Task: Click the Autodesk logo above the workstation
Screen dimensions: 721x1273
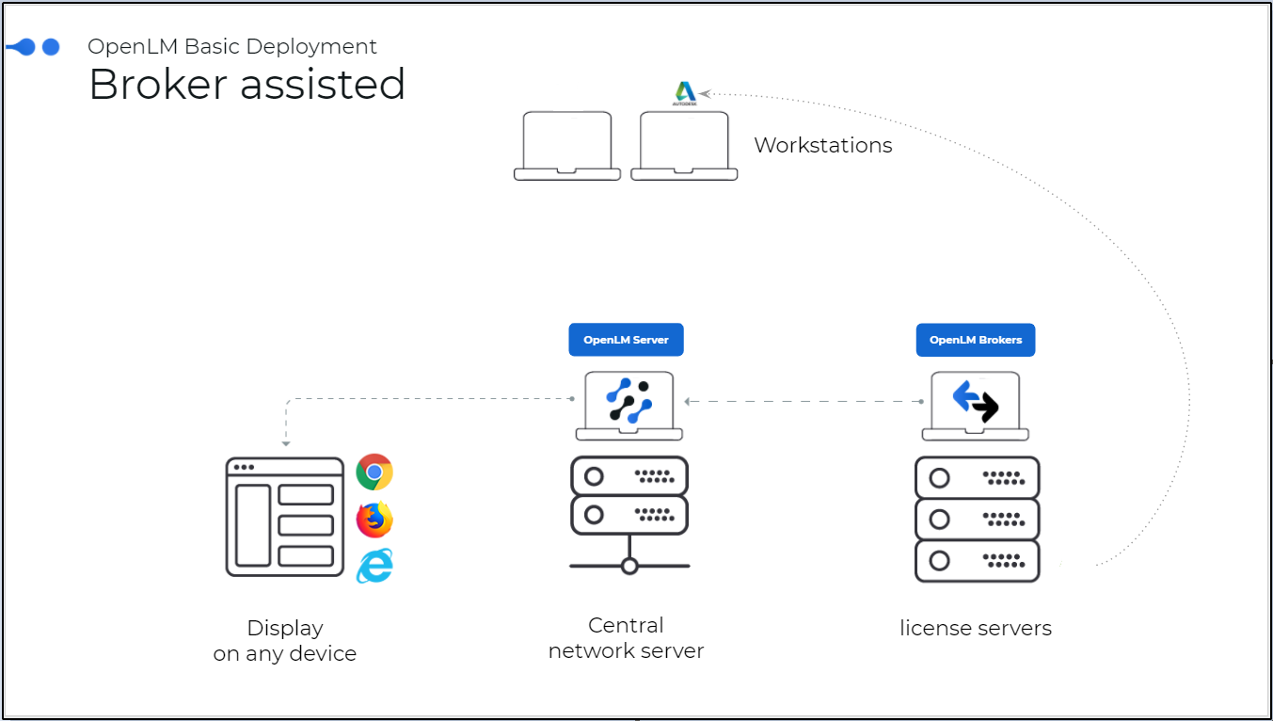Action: click(x=685, y=92)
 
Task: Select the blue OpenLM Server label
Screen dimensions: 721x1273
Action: click(x=626, y=340)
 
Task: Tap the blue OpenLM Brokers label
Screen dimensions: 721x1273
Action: click(x=975, y=340)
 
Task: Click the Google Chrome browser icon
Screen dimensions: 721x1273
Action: click(x=374, y=473)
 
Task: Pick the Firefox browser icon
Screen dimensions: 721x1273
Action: click(x=374, y=520)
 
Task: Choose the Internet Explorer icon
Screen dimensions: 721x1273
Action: click(x=374, y=565)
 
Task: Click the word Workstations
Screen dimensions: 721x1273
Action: click(x=822, y=146)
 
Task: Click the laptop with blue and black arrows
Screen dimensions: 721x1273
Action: click(x=975, y=405)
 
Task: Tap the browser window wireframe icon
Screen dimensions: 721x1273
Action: click(x=285, y=517)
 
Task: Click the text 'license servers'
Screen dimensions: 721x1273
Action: click(x=975, y=628)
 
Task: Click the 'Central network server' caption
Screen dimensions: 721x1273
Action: click(x=626, y=638)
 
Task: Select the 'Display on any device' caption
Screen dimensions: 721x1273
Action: click(x=285, y=641)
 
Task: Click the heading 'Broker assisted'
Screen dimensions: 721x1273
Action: click(x=247, y=85)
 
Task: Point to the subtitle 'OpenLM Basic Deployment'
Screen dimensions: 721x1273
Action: click(x=232, y=46)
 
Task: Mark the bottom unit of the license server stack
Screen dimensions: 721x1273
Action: click(x=977, y=561)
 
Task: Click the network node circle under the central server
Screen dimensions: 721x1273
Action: click(x=629, y=566)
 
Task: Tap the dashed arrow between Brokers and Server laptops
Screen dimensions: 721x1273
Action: click(x=804, y=402)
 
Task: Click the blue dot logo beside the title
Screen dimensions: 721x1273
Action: click(x=34, y=47)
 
